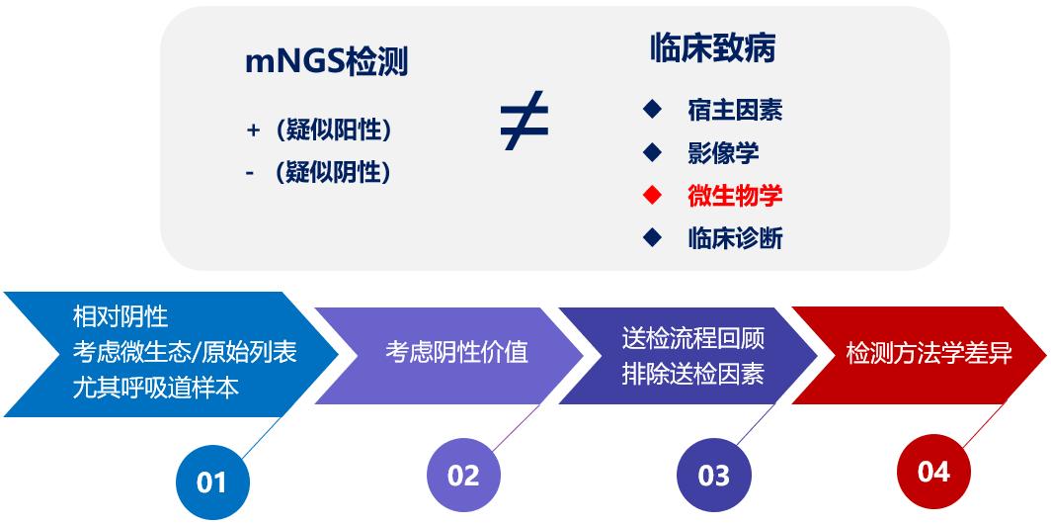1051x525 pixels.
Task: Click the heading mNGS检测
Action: click(326, 62)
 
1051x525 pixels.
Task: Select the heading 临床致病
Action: click(712, 48)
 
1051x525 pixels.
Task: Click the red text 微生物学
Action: click(735, 196)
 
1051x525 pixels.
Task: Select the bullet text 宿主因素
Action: click(735, 110)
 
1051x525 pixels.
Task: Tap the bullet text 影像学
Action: click(723, 153)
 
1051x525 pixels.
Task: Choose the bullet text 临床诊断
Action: click(735, 238)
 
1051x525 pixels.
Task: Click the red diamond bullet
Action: click(651, 195)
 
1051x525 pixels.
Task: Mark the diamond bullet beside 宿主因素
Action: click(651, 109)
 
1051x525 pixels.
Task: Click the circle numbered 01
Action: click(212, 482)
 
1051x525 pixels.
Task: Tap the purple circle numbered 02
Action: click(462, 476)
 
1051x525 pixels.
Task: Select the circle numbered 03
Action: click(713, 476)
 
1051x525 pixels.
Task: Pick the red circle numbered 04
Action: click(933, 472)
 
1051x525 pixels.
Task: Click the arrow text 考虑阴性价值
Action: click(456, 352)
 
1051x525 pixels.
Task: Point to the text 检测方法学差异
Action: click(929, 354)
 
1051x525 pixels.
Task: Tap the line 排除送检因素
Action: click(692, 374)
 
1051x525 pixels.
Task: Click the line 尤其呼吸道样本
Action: click(156, 386)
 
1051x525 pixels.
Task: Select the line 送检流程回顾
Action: click(692, 338)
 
